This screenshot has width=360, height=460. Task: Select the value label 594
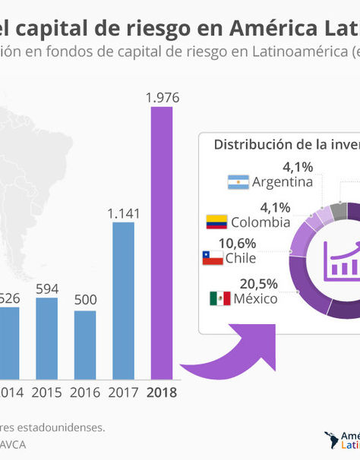46,288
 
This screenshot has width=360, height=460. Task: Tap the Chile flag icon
212,258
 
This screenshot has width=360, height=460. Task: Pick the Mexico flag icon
219,298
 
